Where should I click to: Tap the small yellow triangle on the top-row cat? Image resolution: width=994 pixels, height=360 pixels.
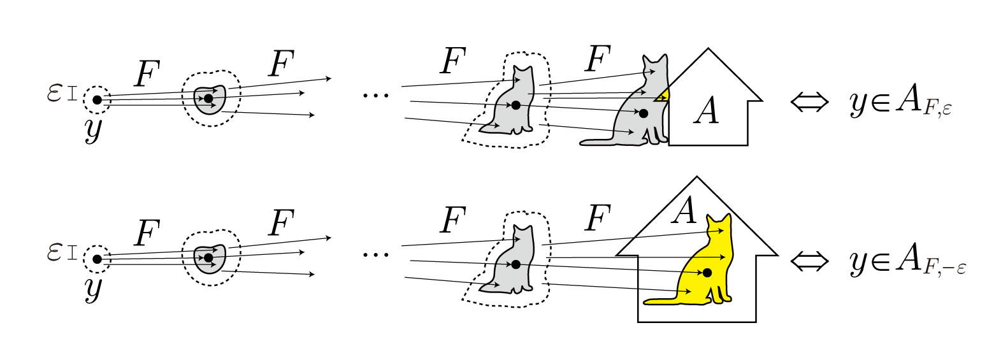tap(663, 96)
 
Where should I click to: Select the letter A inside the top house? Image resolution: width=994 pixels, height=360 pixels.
tap(706, 112)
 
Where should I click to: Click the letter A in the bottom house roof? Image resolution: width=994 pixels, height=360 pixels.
tap(685, 211)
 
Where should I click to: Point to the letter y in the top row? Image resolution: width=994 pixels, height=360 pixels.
tap(93, 129)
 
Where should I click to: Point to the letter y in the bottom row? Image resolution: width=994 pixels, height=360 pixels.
tap(93, 288)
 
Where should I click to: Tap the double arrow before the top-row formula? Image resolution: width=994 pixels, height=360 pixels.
tap(809, 102)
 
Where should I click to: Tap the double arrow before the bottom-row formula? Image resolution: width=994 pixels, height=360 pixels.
tap(809, 261)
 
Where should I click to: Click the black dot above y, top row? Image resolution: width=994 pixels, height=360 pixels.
tap(97, 100)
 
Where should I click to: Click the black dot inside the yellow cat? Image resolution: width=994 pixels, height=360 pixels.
tap(707, 273)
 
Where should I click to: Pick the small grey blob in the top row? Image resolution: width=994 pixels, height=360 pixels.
tap(210, 99)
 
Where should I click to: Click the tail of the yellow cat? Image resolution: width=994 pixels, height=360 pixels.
tap(663, 300)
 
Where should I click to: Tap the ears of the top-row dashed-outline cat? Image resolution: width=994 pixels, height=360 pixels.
tap(522, 70)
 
